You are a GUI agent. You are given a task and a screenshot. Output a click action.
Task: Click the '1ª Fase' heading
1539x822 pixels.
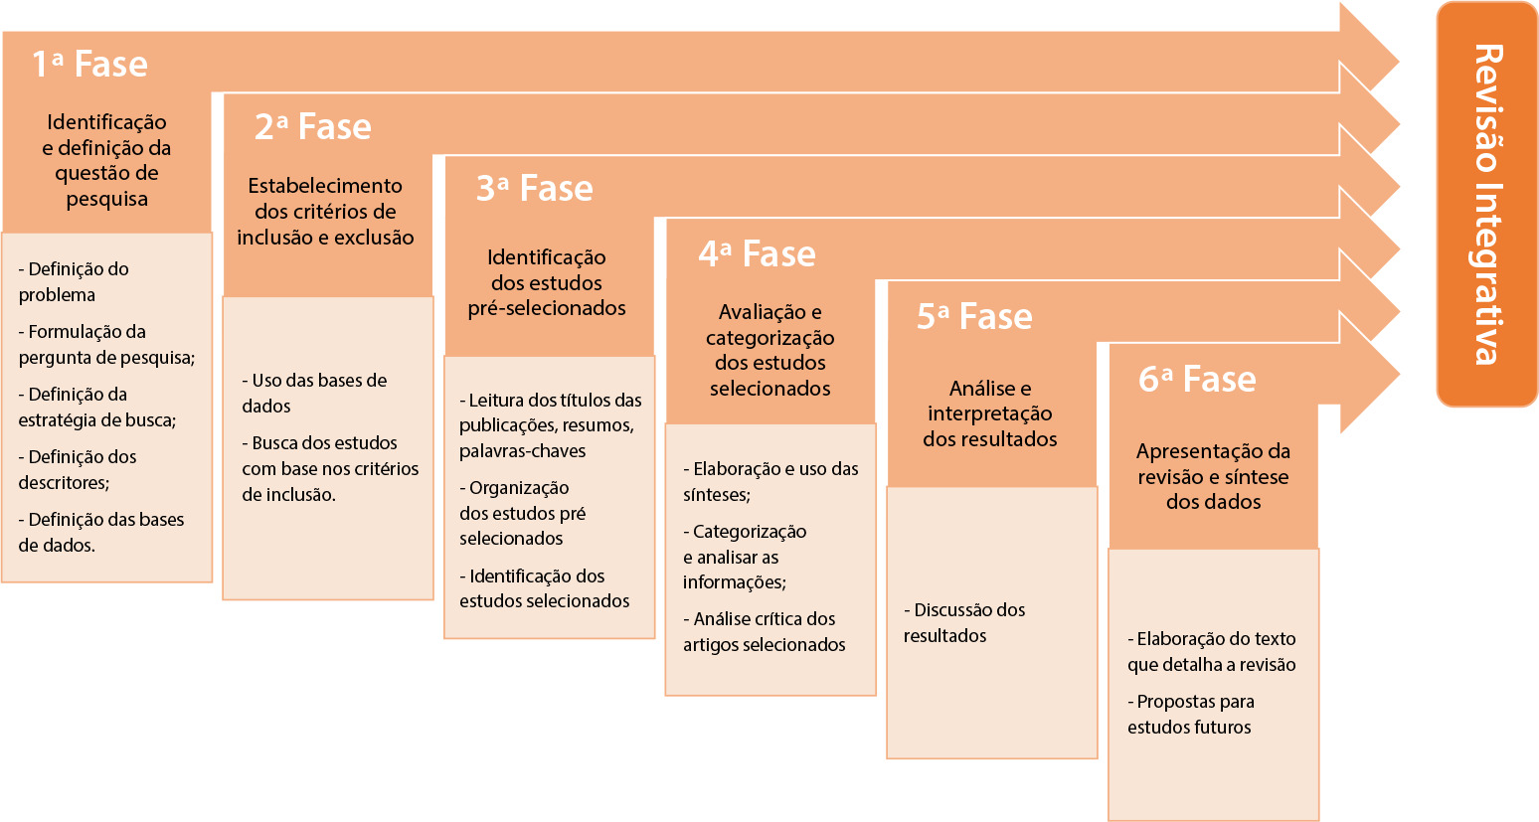(x=90, y=64)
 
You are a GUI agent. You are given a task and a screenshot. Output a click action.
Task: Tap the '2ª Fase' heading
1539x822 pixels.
(x=312, y=126)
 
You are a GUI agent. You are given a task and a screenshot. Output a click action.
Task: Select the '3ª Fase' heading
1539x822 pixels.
(x=535, y=188)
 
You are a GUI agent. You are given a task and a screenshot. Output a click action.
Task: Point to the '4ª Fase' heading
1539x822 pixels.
(x=758, y=253)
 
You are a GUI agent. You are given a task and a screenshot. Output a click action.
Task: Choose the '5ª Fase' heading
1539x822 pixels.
(x=974, y=316)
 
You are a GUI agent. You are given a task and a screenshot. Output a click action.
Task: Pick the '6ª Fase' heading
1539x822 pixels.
(x=1197, y=379)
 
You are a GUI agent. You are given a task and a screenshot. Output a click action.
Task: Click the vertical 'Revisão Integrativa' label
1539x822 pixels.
(x=1487, y=204)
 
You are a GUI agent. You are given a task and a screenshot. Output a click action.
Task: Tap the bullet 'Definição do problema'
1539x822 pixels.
(x=74, y=281)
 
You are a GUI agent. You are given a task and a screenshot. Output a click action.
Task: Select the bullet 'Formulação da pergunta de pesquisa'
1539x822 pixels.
(x=106, y=344)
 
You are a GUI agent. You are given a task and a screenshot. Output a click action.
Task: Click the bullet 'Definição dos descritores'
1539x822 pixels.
(x=77, y=470)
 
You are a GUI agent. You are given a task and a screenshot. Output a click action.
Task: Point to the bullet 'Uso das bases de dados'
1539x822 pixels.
(x=314, y=393)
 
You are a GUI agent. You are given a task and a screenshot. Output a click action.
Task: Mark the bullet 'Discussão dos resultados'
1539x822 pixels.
(x=964, y=623)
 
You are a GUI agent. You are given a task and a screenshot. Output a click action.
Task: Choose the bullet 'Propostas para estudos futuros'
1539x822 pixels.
(x=1191, y=715)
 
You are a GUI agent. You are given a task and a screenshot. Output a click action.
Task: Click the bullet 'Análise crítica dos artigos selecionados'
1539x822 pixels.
(x=764, y=632)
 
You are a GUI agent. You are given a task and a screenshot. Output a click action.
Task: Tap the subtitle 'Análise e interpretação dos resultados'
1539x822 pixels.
(x=990, y=413)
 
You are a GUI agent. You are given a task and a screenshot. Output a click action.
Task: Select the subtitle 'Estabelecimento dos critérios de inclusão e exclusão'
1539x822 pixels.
(x=326, y=212)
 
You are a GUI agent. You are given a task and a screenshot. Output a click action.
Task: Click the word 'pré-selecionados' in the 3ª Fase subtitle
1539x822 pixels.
(x=547, y=308)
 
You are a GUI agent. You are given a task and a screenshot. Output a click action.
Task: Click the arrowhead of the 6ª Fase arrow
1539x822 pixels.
(x=1370, y=375)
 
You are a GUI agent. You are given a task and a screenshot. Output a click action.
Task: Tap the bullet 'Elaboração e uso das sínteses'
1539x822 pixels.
(x=770, y=482)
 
